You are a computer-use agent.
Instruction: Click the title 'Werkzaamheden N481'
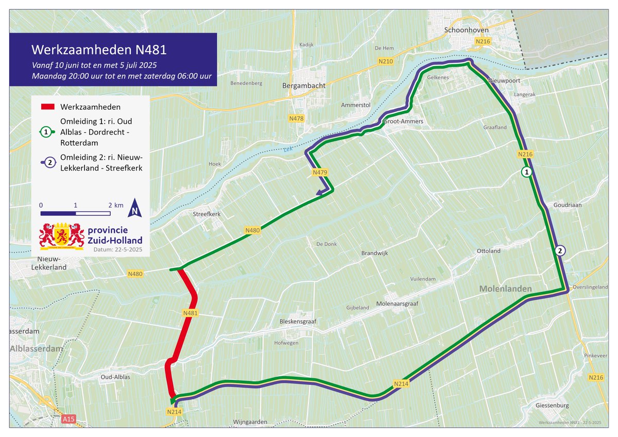point(99,51)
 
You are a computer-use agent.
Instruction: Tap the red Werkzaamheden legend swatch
point(47,107)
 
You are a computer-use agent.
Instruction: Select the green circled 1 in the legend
point(47,132)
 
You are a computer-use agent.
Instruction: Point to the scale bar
point(75,213)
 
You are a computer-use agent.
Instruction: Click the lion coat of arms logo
point(61,236)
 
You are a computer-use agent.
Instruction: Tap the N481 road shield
point(191,313)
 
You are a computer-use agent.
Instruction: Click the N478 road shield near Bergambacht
point(296,119)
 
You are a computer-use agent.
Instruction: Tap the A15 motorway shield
point(68,420)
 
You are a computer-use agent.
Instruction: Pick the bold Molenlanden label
point(505,289)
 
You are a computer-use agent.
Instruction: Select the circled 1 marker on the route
point(526,172)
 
